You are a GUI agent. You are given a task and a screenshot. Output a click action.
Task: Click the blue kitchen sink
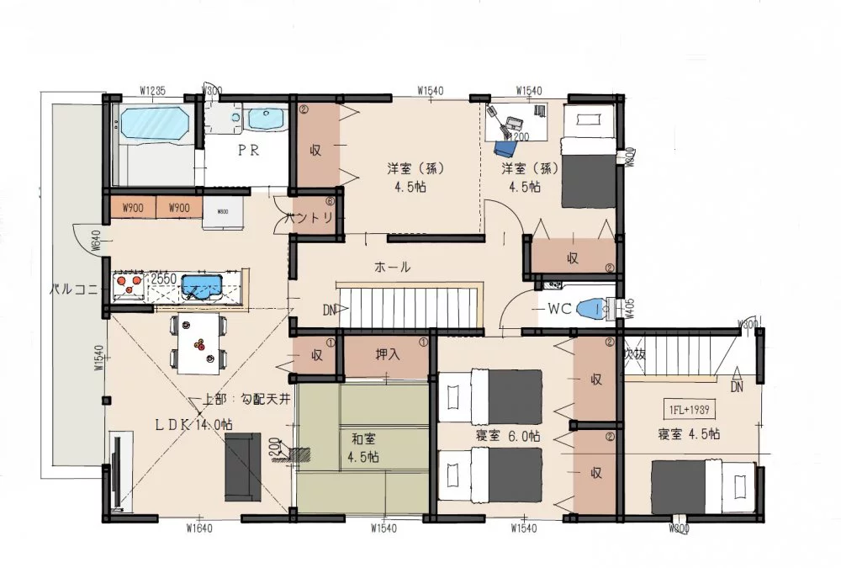pos(202,285)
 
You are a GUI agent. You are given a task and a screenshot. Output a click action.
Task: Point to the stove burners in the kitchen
pos(129,286)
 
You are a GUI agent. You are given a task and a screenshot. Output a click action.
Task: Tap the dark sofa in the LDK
pos(242,466)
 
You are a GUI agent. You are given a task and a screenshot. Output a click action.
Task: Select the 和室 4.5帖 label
pos(364,447)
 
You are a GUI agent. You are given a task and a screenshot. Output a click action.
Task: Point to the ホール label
pos(392,268)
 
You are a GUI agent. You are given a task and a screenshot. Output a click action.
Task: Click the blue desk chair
pos(505,147)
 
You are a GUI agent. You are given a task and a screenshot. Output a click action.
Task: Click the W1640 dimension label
pos(198,528)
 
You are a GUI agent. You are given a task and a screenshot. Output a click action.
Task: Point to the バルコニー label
pos(77,289)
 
